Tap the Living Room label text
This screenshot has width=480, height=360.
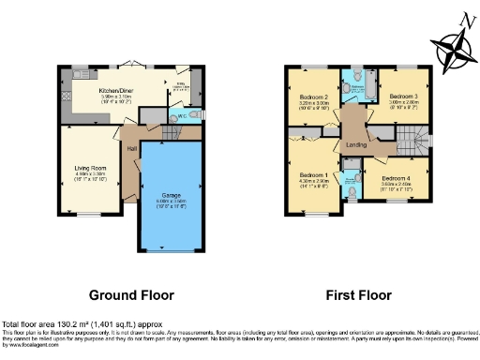click(x=90, y=169)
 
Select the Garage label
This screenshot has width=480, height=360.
click(x=172, y=194)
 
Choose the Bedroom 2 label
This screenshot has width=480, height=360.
click(x=312, y=97)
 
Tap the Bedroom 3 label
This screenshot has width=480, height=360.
click(x=403, y=97)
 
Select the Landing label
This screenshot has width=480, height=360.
click(x=356, y=143)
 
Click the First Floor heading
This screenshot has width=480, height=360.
click(x=358, y=293)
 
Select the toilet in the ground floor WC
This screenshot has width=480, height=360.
click(x=192, y=115)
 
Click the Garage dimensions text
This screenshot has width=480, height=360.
click(x=172, y=202)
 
